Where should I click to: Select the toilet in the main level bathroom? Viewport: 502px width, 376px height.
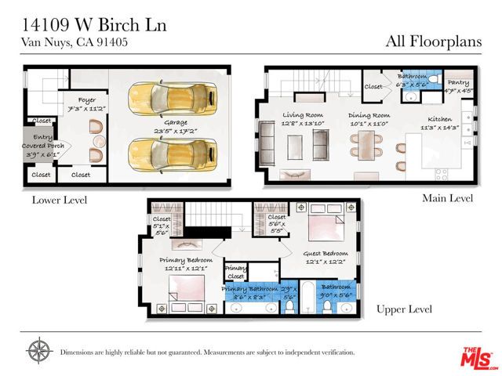coord(428,99)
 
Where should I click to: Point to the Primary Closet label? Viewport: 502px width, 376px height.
coord(235,271)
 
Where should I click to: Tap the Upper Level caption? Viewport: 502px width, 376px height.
coord(405,309)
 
